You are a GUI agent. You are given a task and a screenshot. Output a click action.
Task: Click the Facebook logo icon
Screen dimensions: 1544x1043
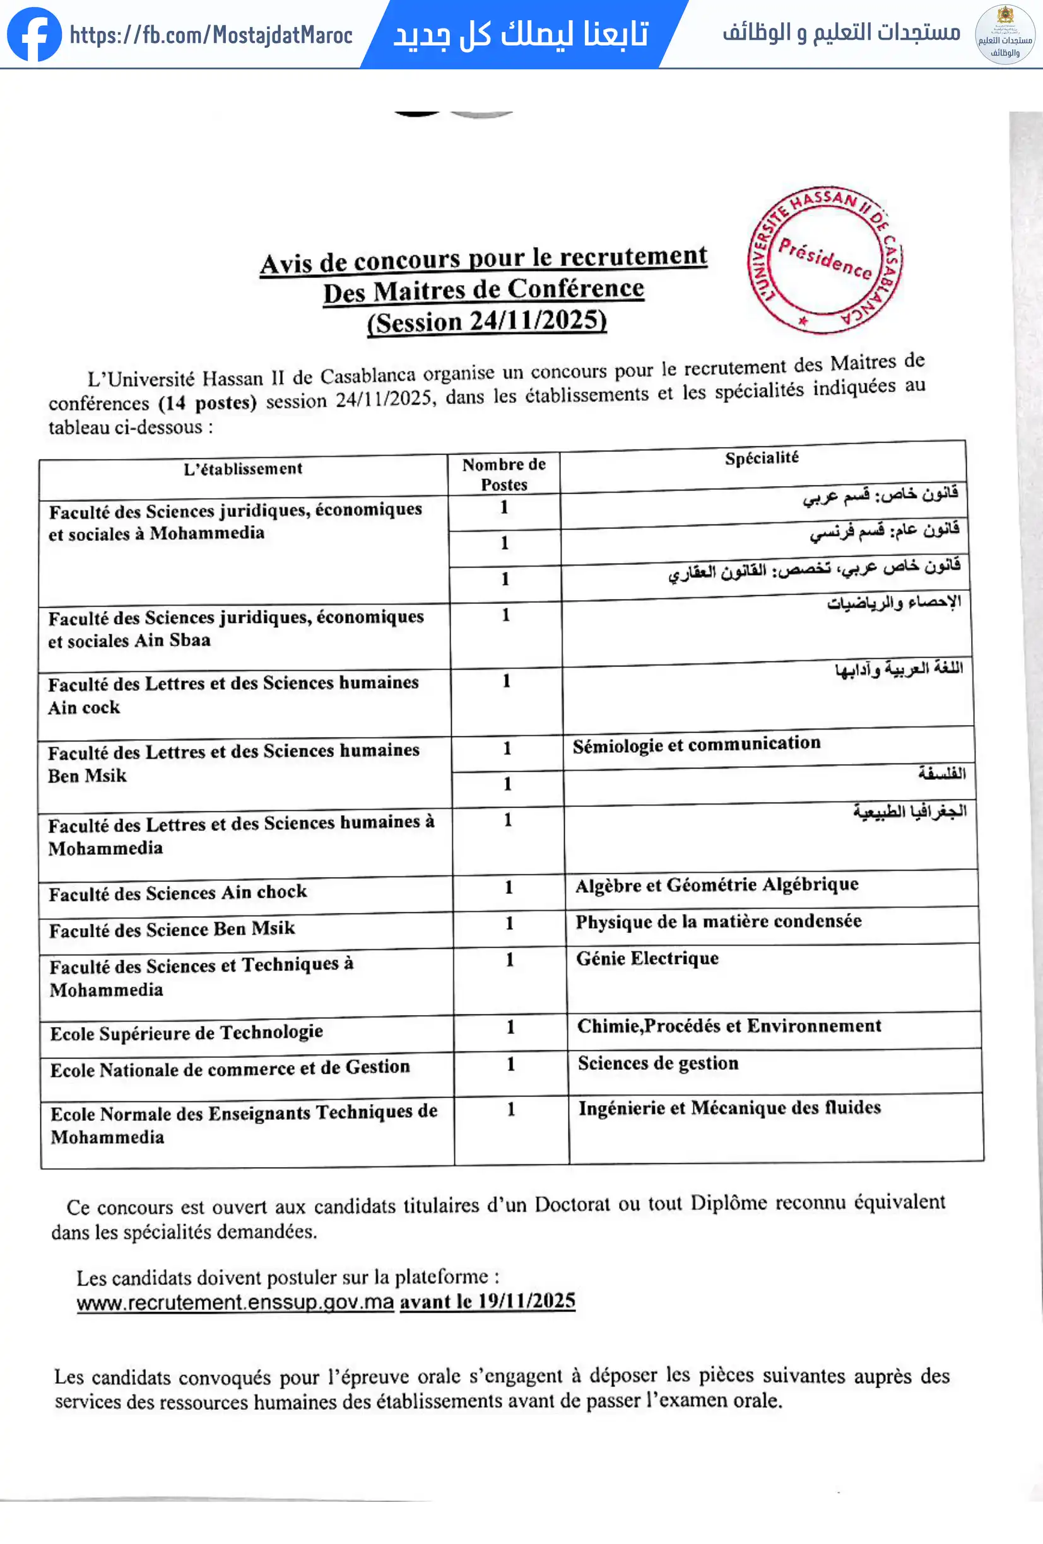[35, 35]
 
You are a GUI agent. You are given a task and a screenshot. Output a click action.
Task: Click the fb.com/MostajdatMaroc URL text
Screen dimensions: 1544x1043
[211, 35]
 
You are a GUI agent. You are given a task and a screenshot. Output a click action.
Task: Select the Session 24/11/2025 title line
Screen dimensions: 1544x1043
[486, 322]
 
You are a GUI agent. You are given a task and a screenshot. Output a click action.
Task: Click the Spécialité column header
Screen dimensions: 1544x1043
[762, 458]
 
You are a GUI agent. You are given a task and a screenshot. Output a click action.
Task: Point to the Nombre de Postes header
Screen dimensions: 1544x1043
[504, 473]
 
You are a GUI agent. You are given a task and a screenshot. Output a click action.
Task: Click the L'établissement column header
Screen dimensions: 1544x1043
[243, 469]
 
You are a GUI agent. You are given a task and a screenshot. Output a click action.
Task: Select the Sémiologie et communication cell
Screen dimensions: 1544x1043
[697, 744]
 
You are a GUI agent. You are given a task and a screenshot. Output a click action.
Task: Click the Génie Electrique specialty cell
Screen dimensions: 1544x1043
[647, 958]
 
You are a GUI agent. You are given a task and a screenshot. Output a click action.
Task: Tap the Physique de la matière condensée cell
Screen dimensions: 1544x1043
[718, 922]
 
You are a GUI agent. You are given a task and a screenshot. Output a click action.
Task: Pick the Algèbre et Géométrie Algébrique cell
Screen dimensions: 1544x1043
[717, 885]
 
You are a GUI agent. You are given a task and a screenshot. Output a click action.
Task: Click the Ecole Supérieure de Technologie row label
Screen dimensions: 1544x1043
[186, 1033]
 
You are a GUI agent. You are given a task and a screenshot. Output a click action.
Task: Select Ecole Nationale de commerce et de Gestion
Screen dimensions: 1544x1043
[230, 1068]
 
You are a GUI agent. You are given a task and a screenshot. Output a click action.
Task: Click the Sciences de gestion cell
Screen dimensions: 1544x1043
[658, 1063]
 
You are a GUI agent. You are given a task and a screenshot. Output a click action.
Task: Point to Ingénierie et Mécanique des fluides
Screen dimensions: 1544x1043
[729, 1108]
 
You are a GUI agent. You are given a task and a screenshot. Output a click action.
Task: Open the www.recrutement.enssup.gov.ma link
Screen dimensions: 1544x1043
[235, 1301]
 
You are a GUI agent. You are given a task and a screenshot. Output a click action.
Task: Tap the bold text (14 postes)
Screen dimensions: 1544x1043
[208, 403]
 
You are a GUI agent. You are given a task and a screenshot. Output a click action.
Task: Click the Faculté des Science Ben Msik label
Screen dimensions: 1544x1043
[172, 929]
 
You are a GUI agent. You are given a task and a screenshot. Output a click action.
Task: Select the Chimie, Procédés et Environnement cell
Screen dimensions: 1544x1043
[729, 1026]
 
